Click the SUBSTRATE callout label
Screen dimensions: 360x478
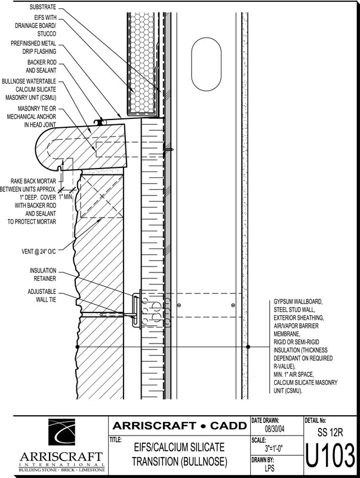click(x=42, y=7)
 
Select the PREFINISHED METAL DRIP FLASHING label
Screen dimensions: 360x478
click(x=33, y=48)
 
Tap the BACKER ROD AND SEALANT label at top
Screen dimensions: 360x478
click(x=41, y=66)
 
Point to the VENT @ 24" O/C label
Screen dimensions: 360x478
click(x=39, y=252)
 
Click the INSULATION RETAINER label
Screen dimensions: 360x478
click(x=43, y=274)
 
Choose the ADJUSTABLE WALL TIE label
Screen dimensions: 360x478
click(x=42, y=296)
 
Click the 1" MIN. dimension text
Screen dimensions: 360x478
click(x=66, y=197)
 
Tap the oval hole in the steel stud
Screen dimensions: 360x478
click(x=206, y=64)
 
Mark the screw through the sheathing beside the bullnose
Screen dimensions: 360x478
click(x=168, y=149)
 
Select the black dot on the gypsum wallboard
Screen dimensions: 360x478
click(x=248, y=347)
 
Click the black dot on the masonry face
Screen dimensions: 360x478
click(x=78, y=347)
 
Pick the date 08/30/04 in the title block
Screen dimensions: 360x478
click(x=275, y=429)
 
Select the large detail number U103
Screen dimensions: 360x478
click(x=330, y=456)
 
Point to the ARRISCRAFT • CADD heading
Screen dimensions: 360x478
click(x=179, y=425)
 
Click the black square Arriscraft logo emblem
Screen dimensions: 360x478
click(x=61, y=432)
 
